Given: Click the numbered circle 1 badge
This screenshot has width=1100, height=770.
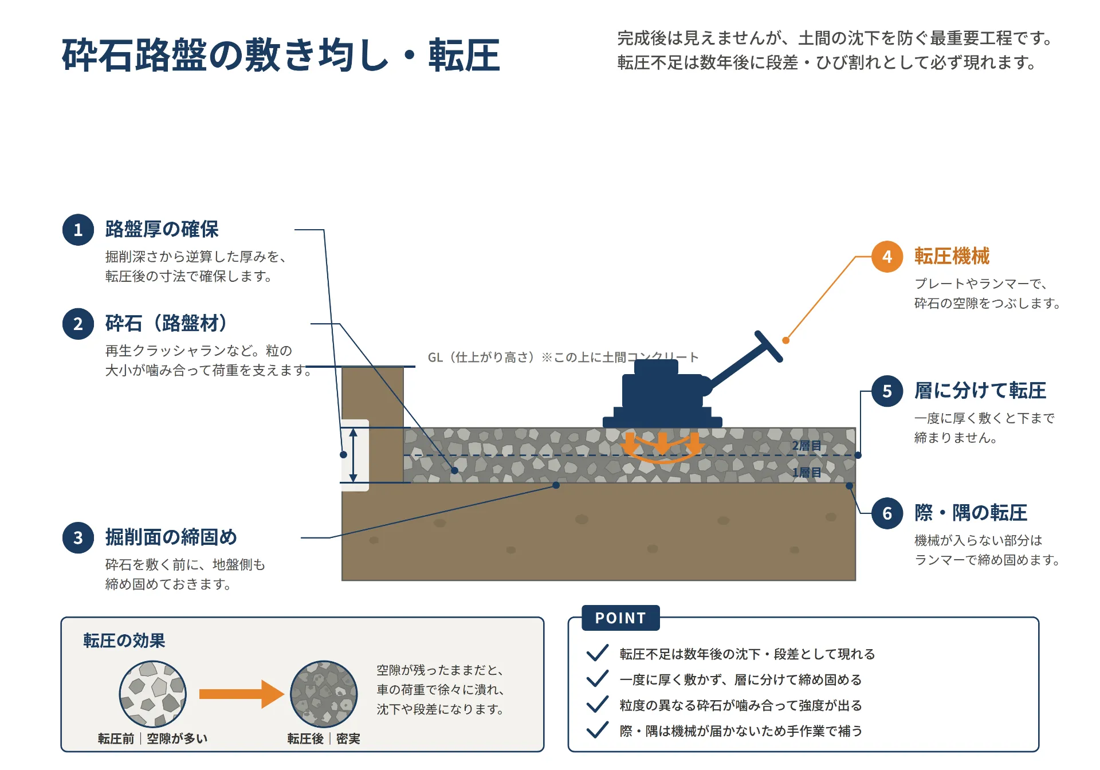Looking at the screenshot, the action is [x=78, y=230].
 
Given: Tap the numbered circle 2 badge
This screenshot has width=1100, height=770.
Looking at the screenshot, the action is [x=78, y=324].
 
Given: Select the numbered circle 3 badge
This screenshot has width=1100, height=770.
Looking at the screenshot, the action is [x=78, y=537].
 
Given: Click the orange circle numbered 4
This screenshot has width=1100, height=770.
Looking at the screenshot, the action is [x=887, y=257].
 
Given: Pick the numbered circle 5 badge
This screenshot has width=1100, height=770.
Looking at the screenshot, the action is [x=887, y=391].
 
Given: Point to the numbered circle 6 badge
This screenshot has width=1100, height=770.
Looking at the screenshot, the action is [x=887, y=513].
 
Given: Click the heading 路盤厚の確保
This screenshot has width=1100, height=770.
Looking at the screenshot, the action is [x=162, y=229].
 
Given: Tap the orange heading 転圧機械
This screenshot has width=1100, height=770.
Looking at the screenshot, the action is [x=952, y=256].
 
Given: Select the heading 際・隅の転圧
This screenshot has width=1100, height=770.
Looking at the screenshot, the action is [x=971, y=513].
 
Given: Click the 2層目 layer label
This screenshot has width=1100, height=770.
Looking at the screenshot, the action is [x=807, y=446].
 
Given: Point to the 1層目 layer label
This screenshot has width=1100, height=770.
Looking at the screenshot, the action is [x=807, y=473].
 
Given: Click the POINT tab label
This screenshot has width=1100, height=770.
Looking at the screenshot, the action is [x=620, y=618].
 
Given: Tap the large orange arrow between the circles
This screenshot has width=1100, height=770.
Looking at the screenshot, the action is [x=241, y=694].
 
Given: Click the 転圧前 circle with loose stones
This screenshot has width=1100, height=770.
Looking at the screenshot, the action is [x=153, y=694].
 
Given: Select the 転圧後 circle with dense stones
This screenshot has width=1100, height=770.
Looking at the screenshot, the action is [x=324, y=694].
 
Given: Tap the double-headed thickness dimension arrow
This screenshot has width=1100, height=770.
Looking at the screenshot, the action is [x=353, y=455].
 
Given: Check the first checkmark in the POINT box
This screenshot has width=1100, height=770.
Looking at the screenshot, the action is [x=598, y=653].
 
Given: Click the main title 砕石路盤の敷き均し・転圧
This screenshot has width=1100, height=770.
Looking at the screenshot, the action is [x=281, y=56].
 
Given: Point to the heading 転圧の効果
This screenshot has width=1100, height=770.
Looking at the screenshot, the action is [x=124, y=641].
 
